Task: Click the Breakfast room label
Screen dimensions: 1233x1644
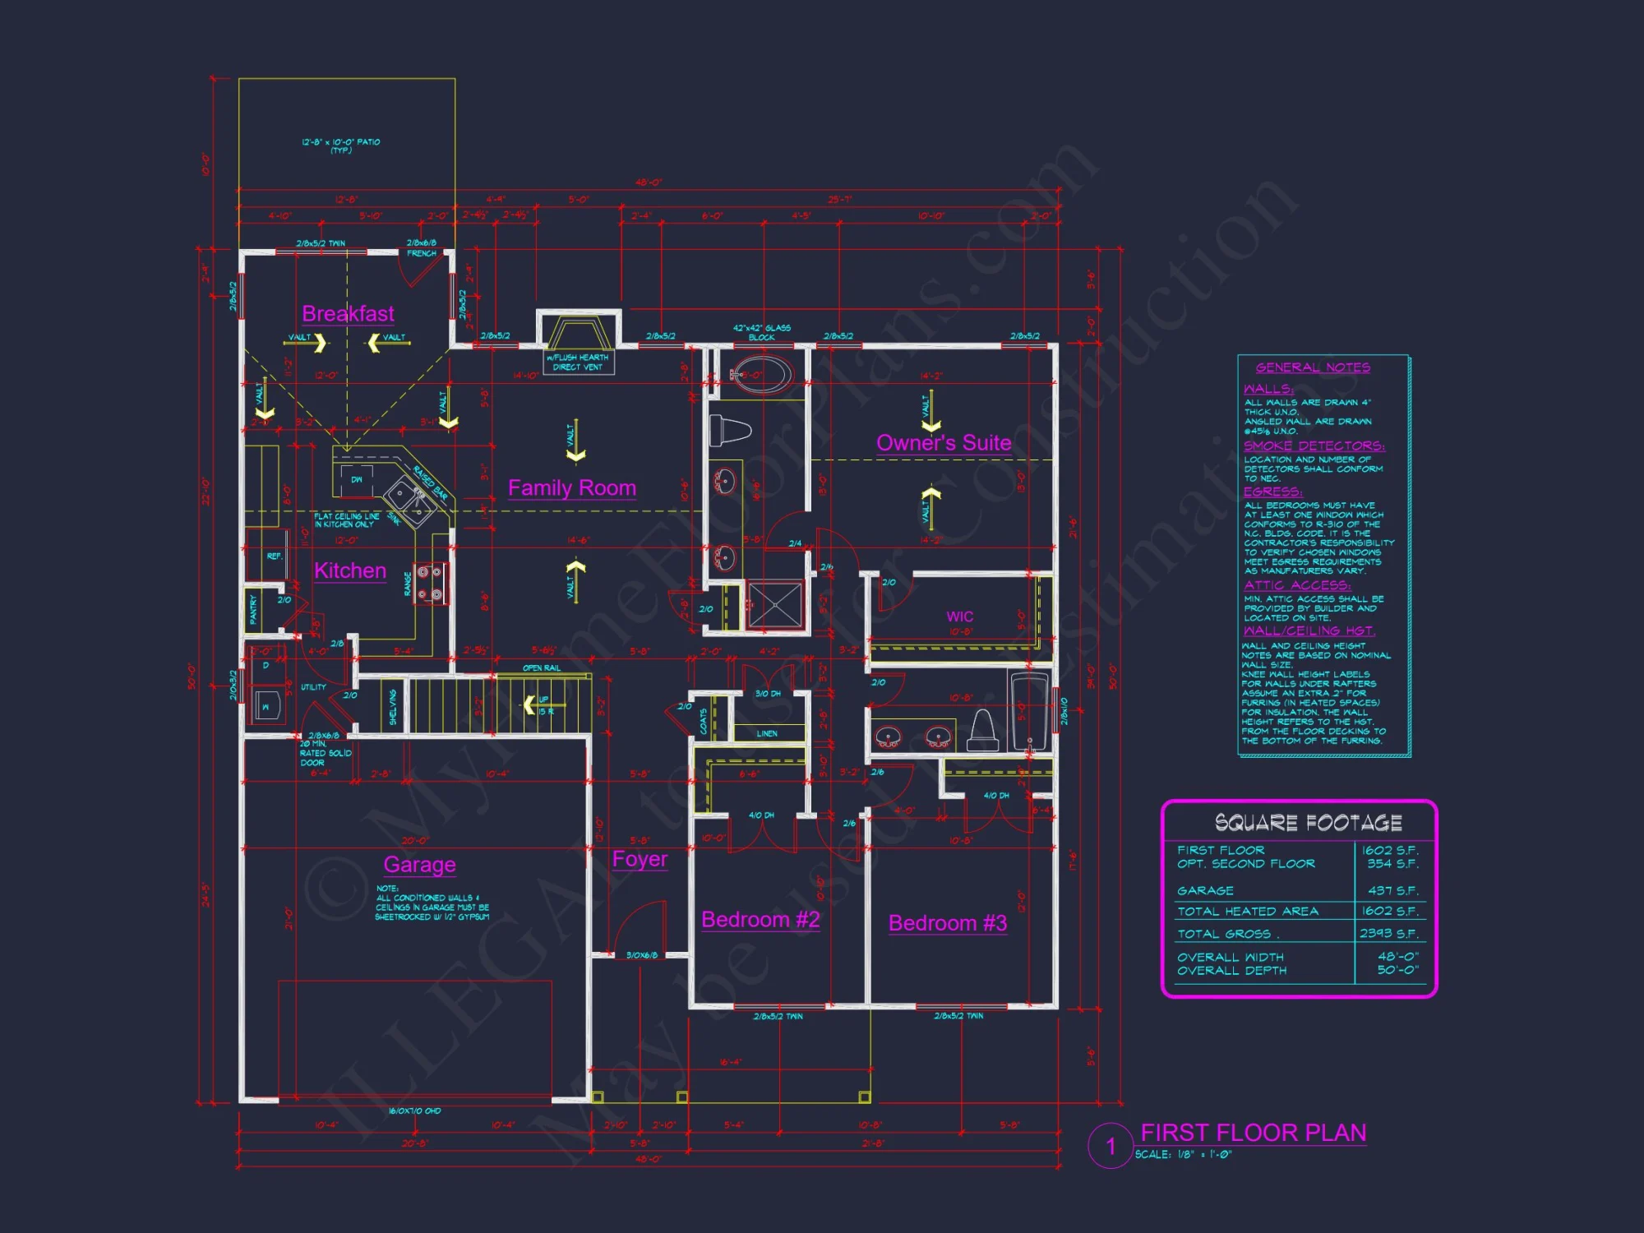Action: tap(348, 314)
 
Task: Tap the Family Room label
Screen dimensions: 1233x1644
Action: tap(571, 488)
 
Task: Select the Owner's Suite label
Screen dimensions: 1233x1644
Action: tap(944, 443)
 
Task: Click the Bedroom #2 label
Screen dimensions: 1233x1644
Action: tap(760, 920)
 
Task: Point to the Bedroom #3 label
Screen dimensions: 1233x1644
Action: tap(947, 923)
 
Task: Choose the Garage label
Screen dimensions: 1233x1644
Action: tap(419, 865)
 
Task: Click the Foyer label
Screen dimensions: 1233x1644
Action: tap(640, 860)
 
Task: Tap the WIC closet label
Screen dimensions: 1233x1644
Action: tap(959, 616)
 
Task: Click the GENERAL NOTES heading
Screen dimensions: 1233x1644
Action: tap(1313, 367)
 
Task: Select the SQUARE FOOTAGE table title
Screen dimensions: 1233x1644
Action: tap(1308, 823)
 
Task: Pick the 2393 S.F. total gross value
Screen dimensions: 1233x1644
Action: tap(1388, 933)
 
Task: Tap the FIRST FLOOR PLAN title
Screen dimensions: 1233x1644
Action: tap(1253, 1133)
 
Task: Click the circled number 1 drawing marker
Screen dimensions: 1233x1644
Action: tap(1111, 1146)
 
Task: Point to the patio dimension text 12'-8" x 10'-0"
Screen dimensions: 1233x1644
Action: tap(340, 142)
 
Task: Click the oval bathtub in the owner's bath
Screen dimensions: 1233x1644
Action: tap(761, 375)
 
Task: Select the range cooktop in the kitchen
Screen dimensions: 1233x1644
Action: tap(431, 583)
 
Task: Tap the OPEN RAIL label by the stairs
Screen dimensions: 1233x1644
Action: tap(541, 667)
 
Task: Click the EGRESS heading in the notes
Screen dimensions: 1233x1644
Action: tap(1272, 492)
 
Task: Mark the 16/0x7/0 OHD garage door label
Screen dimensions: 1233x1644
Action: tap(414, 1111)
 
